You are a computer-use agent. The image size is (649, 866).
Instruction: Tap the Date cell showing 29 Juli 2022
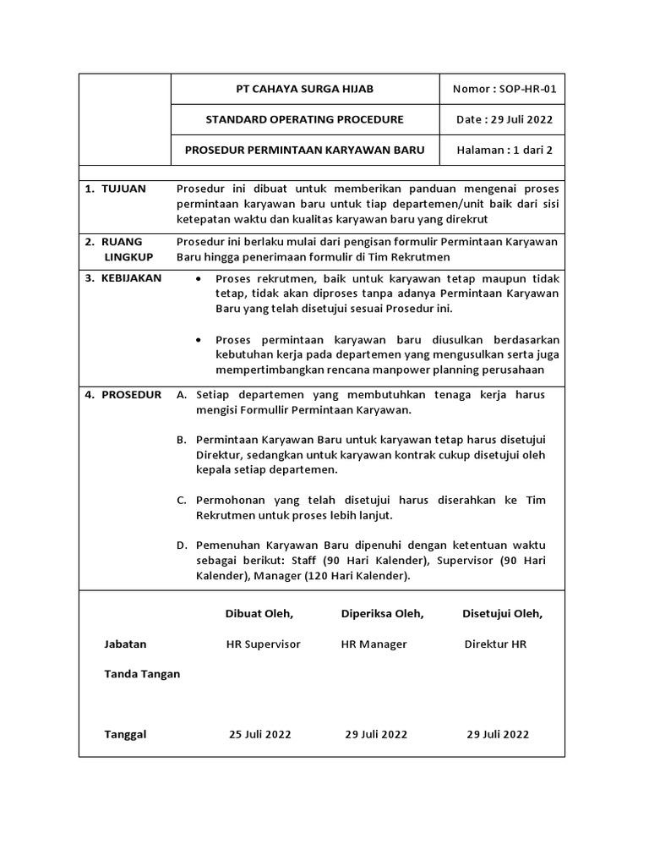click(504, 119)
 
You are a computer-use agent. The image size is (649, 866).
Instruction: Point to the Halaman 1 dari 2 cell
click(504, 151)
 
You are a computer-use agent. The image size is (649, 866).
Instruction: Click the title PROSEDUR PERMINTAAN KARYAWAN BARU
click(304, 151)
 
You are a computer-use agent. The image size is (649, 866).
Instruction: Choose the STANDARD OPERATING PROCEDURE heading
click(304, 119)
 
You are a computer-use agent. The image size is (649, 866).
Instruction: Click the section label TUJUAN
click(123, 189)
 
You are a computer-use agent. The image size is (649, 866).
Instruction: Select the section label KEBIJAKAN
click(131, 277)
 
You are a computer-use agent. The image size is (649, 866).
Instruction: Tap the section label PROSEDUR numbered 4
click(131, 395)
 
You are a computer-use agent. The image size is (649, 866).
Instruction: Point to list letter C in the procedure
click(181, 500)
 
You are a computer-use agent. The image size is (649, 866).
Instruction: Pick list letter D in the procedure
click(181, 545)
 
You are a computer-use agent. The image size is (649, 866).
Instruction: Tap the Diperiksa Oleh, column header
click(382, 613)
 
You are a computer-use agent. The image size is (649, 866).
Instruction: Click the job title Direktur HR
click(495, 644)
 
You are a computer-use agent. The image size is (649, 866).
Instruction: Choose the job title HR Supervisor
click(263, 644)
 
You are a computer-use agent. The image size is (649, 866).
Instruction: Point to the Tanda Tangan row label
click(142, 674)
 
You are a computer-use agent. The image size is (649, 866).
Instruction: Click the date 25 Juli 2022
click(259, 734)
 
